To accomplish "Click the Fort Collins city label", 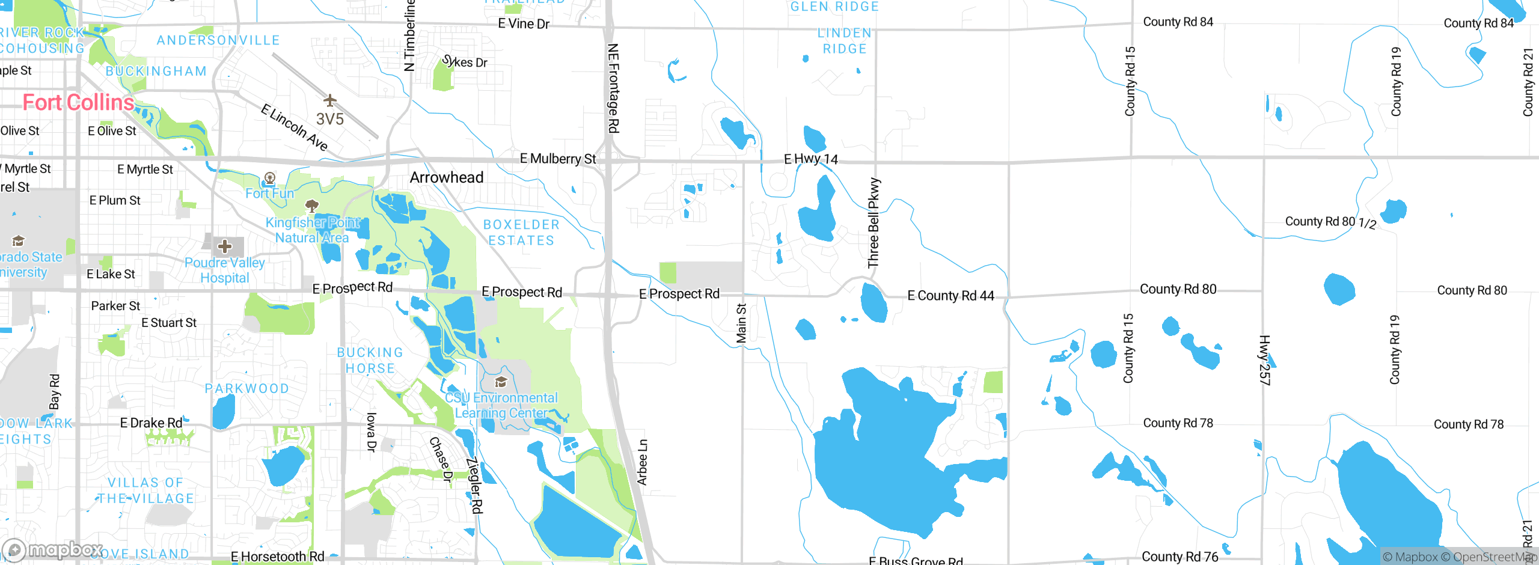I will tap(78, 103).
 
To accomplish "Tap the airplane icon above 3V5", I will tap(329, 100).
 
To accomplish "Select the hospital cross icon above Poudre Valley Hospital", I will tap(225, 246).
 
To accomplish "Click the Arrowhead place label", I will tap(447, 177).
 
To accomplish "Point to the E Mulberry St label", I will tap(558, 159).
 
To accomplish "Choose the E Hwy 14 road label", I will tap(811, 159).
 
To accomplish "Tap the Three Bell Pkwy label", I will tap(874, 223).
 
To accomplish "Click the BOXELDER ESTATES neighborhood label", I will tap(521, 233).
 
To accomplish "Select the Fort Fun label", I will tap(270, 194).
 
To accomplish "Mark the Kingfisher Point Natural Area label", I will tap(313, 230).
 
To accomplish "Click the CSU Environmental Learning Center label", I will tap(501, 405).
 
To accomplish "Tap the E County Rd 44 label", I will tap(950, 296).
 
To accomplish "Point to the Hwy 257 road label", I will tap(1264, 360).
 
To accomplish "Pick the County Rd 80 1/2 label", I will tap(1330, 222).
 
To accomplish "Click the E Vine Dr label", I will tap(524, 24).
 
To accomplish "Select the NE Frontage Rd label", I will tap(613, 88).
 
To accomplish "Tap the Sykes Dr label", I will tap(465, 62).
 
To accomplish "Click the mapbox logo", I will tap(53, 549).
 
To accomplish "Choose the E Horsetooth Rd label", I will tap(278, 557).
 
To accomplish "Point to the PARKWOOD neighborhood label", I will tap(247, 389).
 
